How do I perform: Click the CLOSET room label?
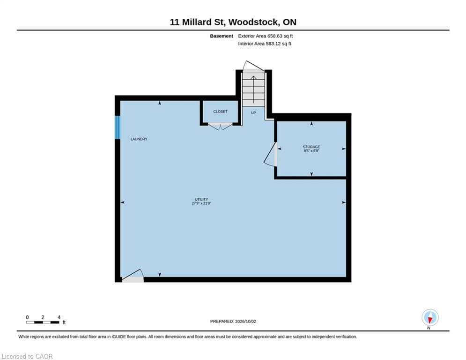220,112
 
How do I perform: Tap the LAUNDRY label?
139,139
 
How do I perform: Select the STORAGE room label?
311,147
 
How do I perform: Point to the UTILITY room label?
201,199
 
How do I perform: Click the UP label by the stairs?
253,113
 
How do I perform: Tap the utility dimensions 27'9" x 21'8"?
201,203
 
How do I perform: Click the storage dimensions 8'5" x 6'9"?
311,151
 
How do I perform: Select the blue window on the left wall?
118,127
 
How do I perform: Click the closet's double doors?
220,127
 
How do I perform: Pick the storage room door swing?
270,154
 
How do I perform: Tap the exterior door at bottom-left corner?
133,276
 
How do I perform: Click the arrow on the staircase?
253,89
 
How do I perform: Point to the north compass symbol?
430,318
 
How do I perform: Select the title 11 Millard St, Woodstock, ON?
233,22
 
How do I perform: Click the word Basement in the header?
222,36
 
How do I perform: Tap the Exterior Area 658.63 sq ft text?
266,36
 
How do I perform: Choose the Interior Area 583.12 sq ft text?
265,44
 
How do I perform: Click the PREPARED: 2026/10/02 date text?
233,321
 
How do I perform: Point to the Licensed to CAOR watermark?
27,356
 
